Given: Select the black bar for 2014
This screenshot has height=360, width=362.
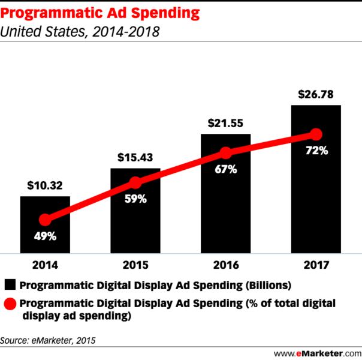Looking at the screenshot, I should point(45,240).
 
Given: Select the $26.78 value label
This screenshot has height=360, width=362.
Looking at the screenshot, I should point(316,95).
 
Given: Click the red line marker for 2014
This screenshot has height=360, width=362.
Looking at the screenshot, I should point(45,220).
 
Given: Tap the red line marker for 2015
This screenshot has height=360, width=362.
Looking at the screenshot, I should point(135,183).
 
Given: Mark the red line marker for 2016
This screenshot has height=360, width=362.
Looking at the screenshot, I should point(225,153).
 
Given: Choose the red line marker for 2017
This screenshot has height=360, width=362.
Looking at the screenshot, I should point(316,134).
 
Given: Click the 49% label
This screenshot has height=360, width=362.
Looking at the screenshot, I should point(45,236).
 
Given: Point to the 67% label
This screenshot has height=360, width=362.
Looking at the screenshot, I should point(225,170).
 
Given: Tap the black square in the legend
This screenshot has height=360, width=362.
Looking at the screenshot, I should point(10,284).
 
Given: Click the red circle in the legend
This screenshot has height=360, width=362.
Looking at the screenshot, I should point(10,304).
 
